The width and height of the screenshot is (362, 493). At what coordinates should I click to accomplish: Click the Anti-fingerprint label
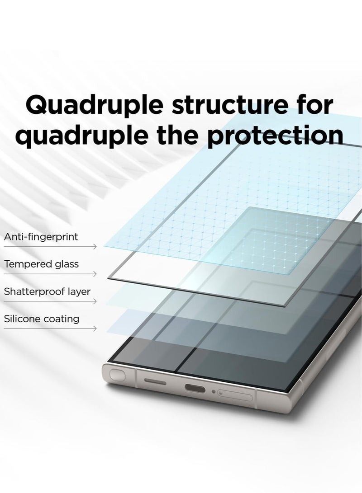pyautogui.click(x=41, y=237)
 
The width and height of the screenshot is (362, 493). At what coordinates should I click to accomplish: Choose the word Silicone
pyautogui.click(x=22, y=319)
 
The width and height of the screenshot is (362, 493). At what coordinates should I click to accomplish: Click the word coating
pyautogui.click(x=61, y=319)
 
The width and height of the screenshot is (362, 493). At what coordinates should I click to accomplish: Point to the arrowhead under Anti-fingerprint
pyautogui.click(x=95, y=247)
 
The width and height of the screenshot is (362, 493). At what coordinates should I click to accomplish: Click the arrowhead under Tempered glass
pyautogui.click(x=95, y=274)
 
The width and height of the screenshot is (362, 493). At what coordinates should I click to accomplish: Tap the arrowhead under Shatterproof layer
pyautogui.click(x=95, y=301)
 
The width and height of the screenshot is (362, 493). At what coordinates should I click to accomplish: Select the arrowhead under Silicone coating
pyautogui.click(x=95, y=329)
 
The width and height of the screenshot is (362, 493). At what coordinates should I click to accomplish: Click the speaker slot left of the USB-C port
pyautogui.click(x=155, y=381)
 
